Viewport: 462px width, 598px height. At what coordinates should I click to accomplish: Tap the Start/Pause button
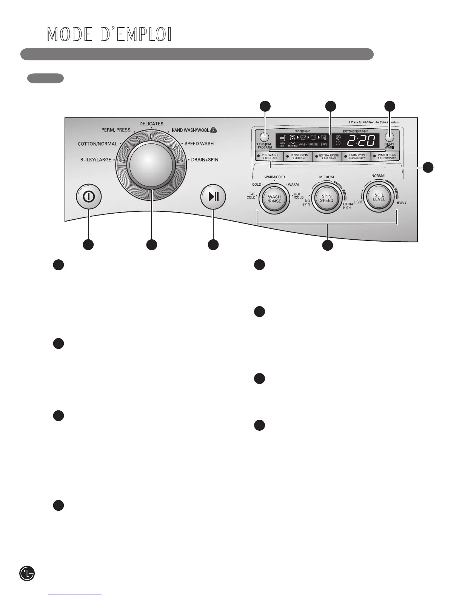(213, 197)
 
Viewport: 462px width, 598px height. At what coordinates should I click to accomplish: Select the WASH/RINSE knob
(274, 199)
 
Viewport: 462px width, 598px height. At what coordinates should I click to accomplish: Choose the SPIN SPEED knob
(327, 198)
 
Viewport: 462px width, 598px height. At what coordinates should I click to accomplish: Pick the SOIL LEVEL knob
(379, 197)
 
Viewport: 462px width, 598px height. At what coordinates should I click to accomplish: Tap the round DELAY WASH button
(390, 137)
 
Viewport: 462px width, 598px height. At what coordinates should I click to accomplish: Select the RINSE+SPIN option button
(299, 156)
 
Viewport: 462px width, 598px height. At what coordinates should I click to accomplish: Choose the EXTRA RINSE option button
(328, 156)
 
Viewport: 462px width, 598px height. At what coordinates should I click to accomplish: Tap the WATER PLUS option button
(386, 156)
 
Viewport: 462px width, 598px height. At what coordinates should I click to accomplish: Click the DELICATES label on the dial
(151, 124)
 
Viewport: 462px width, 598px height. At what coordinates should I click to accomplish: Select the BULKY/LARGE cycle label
(96, 160)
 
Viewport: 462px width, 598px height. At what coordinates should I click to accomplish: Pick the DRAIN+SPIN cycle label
(205, 160)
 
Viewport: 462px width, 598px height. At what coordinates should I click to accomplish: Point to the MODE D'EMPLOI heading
(109, 35)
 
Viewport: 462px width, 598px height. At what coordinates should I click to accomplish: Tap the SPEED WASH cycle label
(199, 144)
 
